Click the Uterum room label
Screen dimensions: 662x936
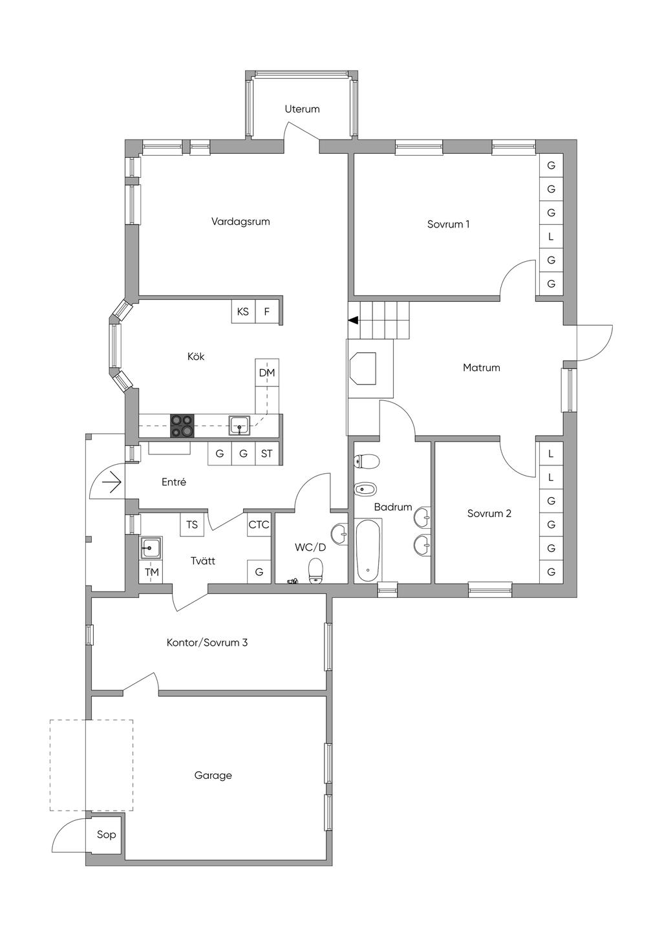pos(302,109)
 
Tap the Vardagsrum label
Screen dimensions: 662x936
pos(240,222)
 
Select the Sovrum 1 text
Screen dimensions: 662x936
pos(448,224)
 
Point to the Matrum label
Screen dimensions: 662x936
pos(482,368)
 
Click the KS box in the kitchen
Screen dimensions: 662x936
pos(243,312)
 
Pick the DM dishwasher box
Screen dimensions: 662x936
pos(267,372)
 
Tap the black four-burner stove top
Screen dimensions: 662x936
pos(182,425)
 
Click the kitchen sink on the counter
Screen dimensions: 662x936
pos(239,425)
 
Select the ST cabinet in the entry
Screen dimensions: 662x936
pos(266,453)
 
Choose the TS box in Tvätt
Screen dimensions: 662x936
pos(192,524)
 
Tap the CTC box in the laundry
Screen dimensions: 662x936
pos(259,524)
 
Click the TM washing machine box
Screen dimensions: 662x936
pos(151,571)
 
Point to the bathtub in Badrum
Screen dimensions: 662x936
pos(368,550)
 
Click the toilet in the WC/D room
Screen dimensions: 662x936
pos(315,571)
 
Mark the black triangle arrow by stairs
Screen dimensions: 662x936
pos(354,320)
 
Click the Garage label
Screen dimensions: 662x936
pos(213,776)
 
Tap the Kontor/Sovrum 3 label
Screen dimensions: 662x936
pos(207,643)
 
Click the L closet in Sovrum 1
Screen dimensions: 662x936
pos(551,237)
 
